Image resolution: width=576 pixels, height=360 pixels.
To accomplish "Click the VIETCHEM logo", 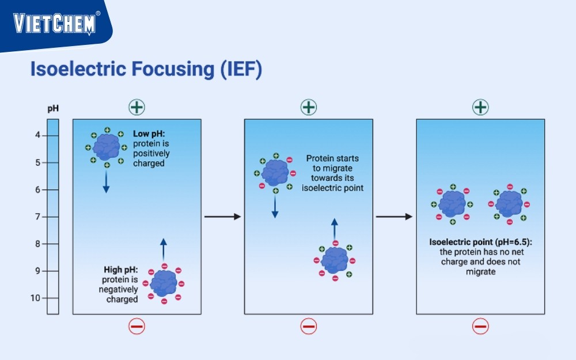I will point(56,23).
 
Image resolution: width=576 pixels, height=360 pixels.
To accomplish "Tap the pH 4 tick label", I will point(39,135).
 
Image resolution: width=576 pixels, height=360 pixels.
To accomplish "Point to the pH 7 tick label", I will point(39,217).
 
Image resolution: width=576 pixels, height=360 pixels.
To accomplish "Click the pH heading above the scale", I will point(52,108).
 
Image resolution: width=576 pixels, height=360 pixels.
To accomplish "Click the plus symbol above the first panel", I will point(137,107).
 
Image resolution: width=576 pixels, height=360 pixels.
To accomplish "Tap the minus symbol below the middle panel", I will point(309,327).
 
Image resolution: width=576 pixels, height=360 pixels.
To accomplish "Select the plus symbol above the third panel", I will point(480,107).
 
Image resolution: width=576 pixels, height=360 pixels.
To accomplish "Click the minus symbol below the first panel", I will point(137,327).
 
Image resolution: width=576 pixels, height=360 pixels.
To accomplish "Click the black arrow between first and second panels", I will point(222,217).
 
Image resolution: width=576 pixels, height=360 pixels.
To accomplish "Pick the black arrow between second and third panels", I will point(394,217).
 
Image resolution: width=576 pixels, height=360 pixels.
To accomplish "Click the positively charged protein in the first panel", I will point(107,147).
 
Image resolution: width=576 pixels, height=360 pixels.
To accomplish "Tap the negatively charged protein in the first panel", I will point(164,283).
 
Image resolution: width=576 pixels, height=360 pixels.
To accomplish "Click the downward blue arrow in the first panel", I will point(107,182).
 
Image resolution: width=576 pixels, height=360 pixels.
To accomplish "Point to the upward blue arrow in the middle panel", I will point(334,229).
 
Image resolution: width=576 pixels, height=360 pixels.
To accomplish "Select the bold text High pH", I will point(120,269).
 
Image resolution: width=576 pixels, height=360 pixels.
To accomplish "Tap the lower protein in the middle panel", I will point(335,260).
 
